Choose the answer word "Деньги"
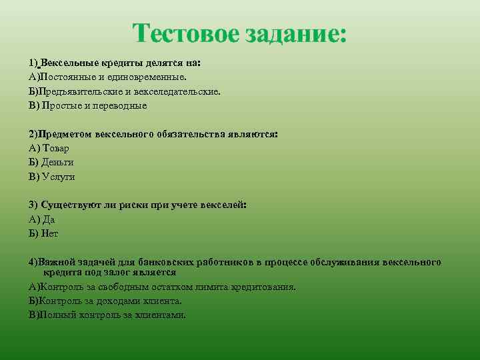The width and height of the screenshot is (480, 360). click(57, 162)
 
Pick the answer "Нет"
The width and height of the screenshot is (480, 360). click(50, 233)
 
